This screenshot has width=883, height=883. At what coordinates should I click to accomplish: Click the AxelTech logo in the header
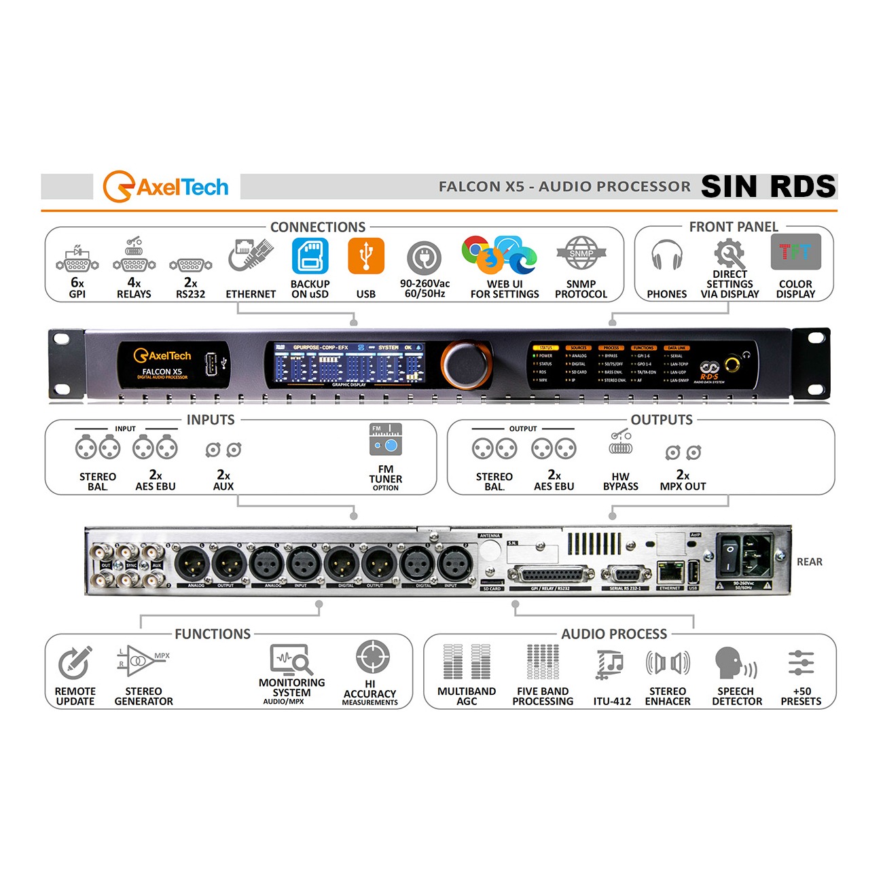(x=166, y=187)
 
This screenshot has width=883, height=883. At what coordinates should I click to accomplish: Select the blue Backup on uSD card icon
(x=310, y=255)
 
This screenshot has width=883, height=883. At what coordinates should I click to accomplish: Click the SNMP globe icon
(x=581, y=254)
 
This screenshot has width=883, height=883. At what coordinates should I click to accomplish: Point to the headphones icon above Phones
(x=666, y=255)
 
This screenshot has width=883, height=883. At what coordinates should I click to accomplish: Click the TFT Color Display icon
(x=795, y=252)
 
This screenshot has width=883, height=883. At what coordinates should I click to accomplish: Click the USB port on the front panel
(x=211, y=364)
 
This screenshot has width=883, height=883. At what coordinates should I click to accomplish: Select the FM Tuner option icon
(x=386, y=439)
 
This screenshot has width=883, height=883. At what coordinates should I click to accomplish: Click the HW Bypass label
(x=621, y=482)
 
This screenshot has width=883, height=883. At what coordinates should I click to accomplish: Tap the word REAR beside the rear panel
(x=809, y=562)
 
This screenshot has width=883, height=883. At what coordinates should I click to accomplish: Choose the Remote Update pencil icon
(x=75, y=662)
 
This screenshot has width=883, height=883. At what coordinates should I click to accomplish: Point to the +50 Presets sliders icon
(x=801, y=662)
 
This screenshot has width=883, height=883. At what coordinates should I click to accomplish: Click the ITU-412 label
(x=612, y=701)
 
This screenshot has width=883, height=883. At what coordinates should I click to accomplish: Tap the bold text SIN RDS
(x=768, y=186)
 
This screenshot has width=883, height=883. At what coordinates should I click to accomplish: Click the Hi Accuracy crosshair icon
(x=372, y=657)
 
